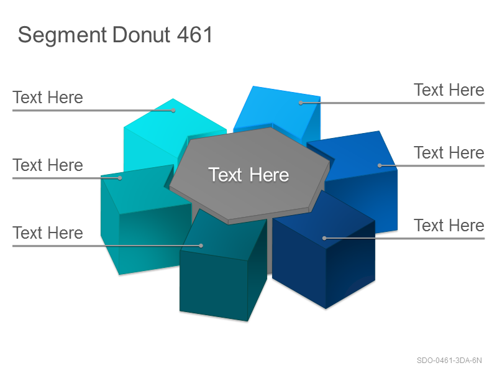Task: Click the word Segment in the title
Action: coord(62,35)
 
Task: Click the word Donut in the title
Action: coord(142,35)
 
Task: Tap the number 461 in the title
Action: coord(194,35)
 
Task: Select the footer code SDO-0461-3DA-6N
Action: coord(449,361)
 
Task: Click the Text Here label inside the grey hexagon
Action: coord(248,175)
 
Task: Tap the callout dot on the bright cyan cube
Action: coord(173,111)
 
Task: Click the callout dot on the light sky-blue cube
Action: coord(301,103)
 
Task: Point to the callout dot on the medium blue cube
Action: coord(380,165)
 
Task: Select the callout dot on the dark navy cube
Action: coord(324,238)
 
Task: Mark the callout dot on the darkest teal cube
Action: coord(201,246)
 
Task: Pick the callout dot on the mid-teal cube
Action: coord(120,178)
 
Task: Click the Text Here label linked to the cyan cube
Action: coord(48,97)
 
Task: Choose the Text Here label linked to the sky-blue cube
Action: coord(449,90)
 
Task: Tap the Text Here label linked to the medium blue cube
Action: coord(449,152)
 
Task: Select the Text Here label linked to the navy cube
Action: coord(449,225)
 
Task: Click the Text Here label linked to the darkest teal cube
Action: coord(48,233)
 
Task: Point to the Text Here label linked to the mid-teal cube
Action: coord(48,165)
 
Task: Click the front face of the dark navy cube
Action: coord(299,263)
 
